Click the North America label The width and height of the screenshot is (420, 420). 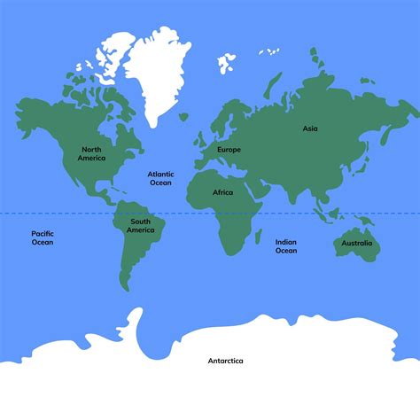91,153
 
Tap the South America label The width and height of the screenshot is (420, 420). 140,226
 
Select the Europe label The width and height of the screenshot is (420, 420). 229,150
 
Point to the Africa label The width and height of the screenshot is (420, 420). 222,192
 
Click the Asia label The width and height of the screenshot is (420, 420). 309,128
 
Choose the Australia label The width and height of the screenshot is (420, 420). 357,243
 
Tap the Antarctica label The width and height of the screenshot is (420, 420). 225,361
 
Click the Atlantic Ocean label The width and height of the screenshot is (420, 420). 160,179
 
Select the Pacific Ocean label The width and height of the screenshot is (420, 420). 42,237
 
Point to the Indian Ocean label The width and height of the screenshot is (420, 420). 285,245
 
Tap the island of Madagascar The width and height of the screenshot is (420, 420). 262,235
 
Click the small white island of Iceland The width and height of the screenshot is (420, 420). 183,116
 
